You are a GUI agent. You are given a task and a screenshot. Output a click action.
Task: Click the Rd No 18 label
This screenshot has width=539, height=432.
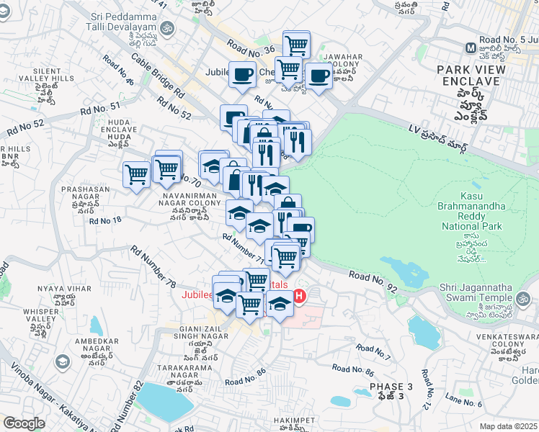coord(105,220)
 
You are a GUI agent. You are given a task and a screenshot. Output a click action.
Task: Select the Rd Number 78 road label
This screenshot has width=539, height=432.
coord(154,264)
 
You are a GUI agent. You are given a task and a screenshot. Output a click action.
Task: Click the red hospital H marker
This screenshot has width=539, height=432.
coord(298,295)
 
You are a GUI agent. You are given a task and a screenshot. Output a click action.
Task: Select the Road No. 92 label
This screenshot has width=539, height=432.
coord(372,281)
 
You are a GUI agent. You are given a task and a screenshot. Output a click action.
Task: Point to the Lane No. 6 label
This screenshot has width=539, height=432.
coord(463,403)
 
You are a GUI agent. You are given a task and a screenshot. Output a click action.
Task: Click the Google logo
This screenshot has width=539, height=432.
coord(24,423)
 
